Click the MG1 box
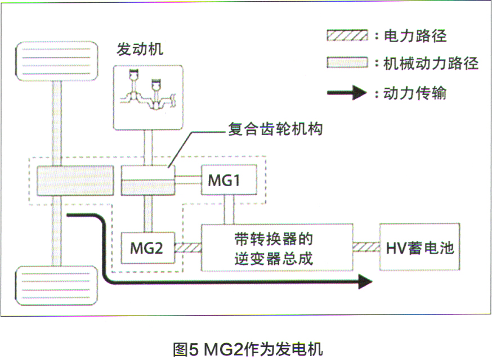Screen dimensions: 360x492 [x=229, y=180]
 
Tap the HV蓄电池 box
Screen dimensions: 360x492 [x=419, y=247]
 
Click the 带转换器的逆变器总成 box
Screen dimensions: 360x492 [x=276, y=248]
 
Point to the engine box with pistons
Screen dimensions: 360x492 [x=148, y=96]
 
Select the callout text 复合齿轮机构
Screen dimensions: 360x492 [x=275, y=129]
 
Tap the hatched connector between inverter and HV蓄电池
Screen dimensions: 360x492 [x=365, y=247]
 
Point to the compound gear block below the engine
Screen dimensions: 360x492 [x=147, y=180]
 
